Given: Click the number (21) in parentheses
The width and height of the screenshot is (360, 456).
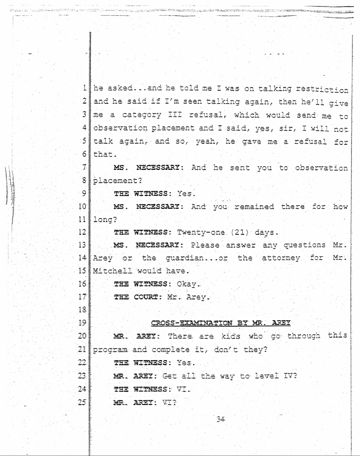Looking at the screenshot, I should [231, 232].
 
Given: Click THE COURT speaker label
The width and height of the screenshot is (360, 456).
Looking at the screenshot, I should [130, 297].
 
